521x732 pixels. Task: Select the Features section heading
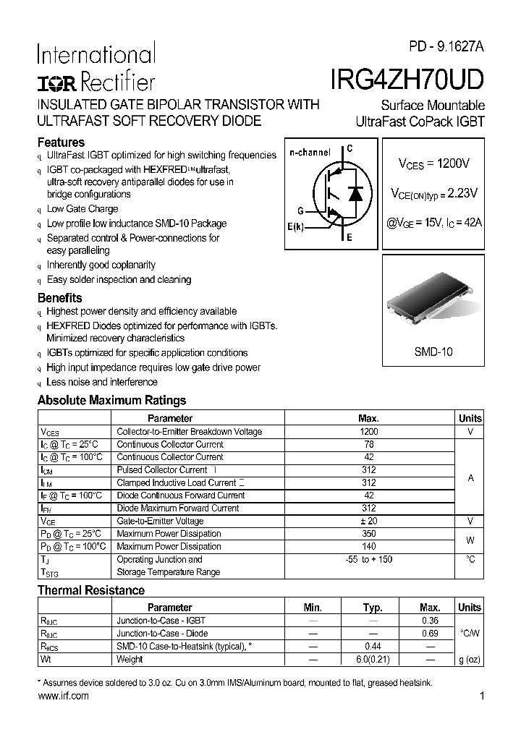(x=61, y=142)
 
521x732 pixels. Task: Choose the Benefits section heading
(x=59, y=298)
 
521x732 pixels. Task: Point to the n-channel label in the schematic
(x=310, y=153)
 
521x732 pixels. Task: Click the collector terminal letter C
(x=349, y=149)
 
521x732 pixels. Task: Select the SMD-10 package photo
(x=433, y=308)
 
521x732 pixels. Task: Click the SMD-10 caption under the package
(x=433, y=352)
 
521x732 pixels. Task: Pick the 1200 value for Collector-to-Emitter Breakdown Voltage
(x=368, y=432)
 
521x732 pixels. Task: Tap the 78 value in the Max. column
(x=368, y=444)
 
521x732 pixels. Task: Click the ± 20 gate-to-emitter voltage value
(x=368, y=521)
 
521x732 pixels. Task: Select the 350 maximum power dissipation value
(x=368, y=534)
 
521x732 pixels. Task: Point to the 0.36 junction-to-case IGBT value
(x=429, y=621)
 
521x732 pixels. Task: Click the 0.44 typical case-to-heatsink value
(x=372, y=646)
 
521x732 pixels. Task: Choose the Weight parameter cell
(x=130, y=659)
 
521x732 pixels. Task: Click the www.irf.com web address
(x=63, y=696)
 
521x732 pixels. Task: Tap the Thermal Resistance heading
(x=91, y=591)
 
